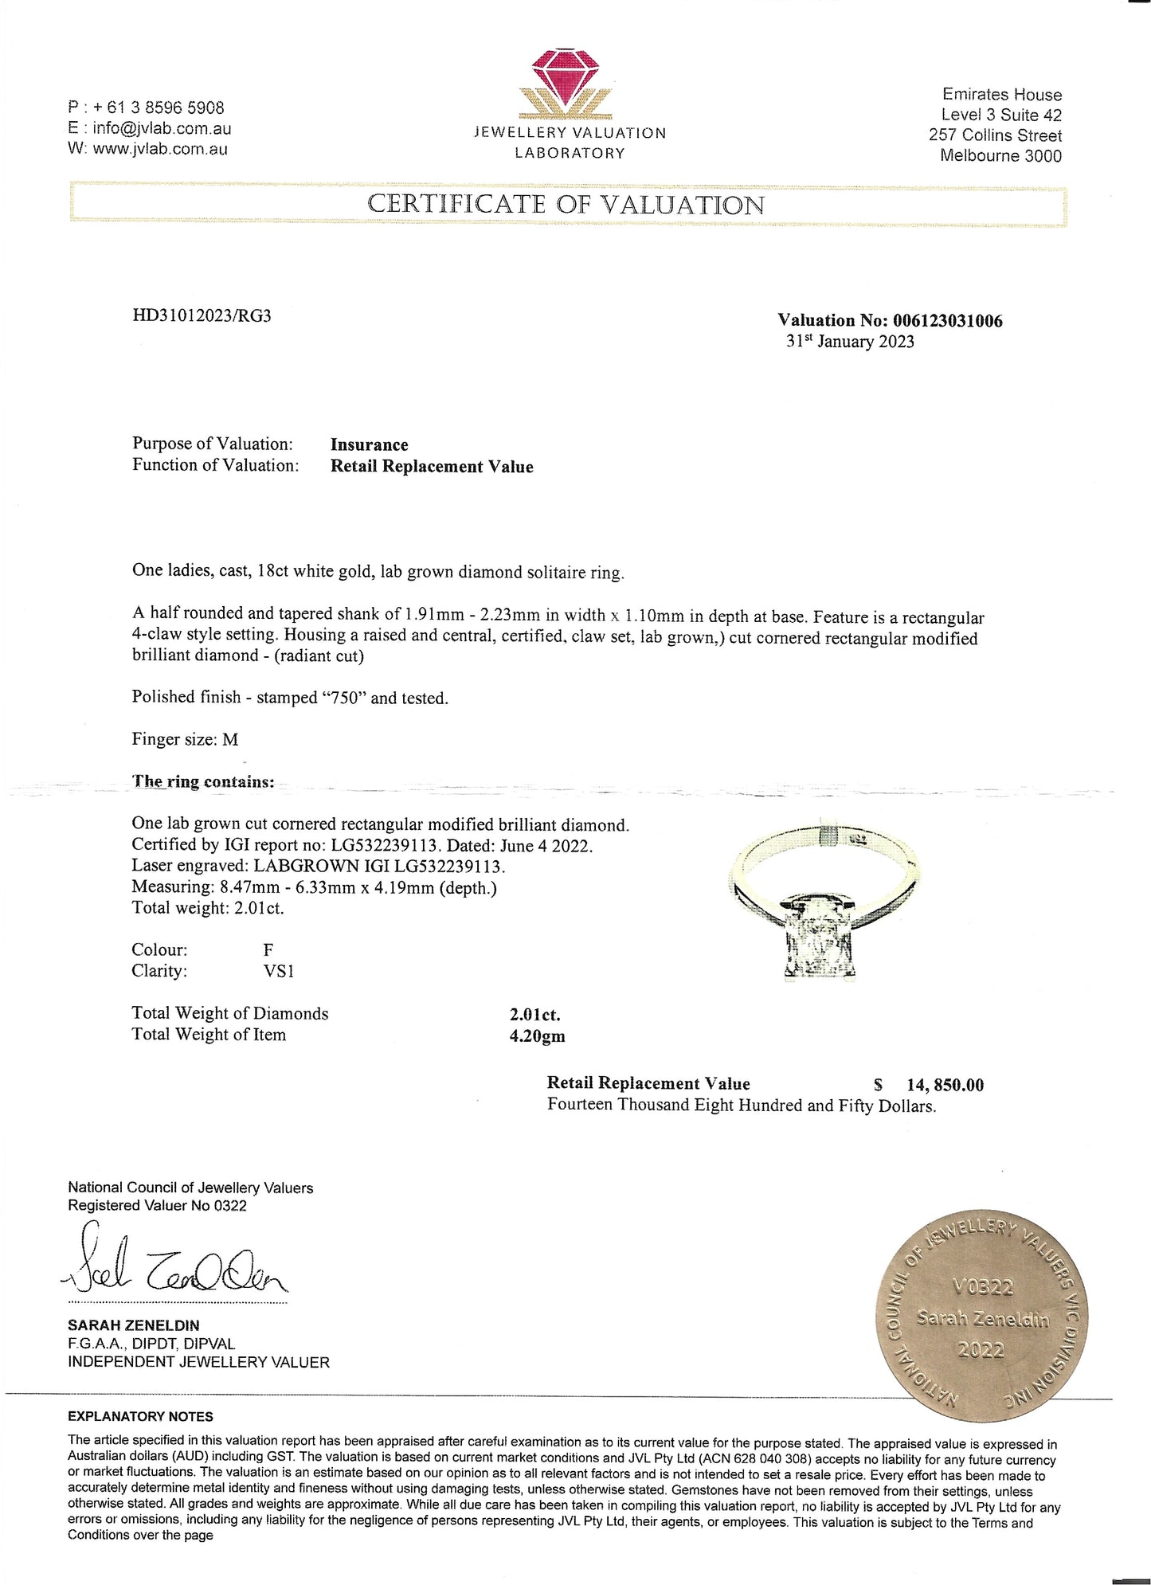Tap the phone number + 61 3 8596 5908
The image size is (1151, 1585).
158,108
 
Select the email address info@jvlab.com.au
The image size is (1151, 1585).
162,128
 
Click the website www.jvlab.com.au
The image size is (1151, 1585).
159,149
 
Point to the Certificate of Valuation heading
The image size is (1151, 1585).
566,205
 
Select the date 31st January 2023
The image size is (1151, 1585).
850,342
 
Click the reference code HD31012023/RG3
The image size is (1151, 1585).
202,315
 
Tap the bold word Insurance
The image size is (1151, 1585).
369,445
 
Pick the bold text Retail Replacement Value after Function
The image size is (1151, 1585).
432,467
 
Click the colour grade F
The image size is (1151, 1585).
268,950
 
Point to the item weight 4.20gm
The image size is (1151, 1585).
538,1036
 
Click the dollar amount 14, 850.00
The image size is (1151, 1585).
945,1085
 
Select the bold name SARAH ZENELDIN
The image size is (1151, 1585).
134,1325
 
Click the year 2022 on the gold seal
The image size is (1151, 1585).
981,1349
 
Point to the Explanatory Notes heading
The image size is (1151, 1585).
140,1417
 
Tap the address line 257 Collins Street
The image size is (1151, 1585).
995,135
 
